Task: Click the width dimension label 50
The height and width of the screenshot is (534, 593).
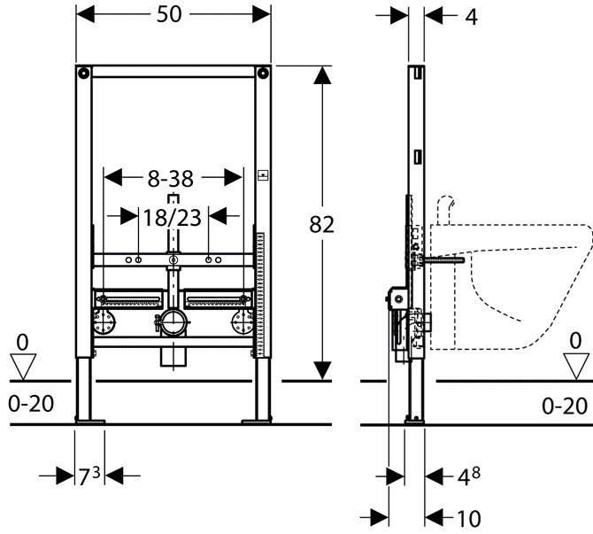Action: coord(169,14)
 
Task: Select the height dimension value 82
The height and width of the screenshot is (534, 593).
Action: coord(321,224)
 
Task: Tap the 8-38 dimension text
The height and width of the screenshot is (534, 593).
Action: coord(170,179)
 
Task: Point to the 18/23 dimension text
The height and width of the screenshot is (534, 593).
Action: coord(172,218)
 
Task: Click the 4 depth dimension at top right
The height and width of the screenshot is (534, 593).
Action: coord(471,18)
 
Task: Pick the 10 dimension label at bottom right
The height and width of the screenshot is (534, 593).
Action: coord(469,519)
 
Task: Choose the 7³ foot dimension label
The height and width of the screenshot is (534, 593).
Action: coord(89,476)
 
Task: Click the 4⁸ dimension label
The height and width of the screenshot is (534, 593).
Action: coord(469,476)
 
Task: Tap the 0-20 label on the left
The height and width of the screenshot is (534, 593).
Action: coord(31,404)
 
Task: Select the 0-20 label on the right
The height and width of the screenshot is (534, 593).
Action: coord(565,406)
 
